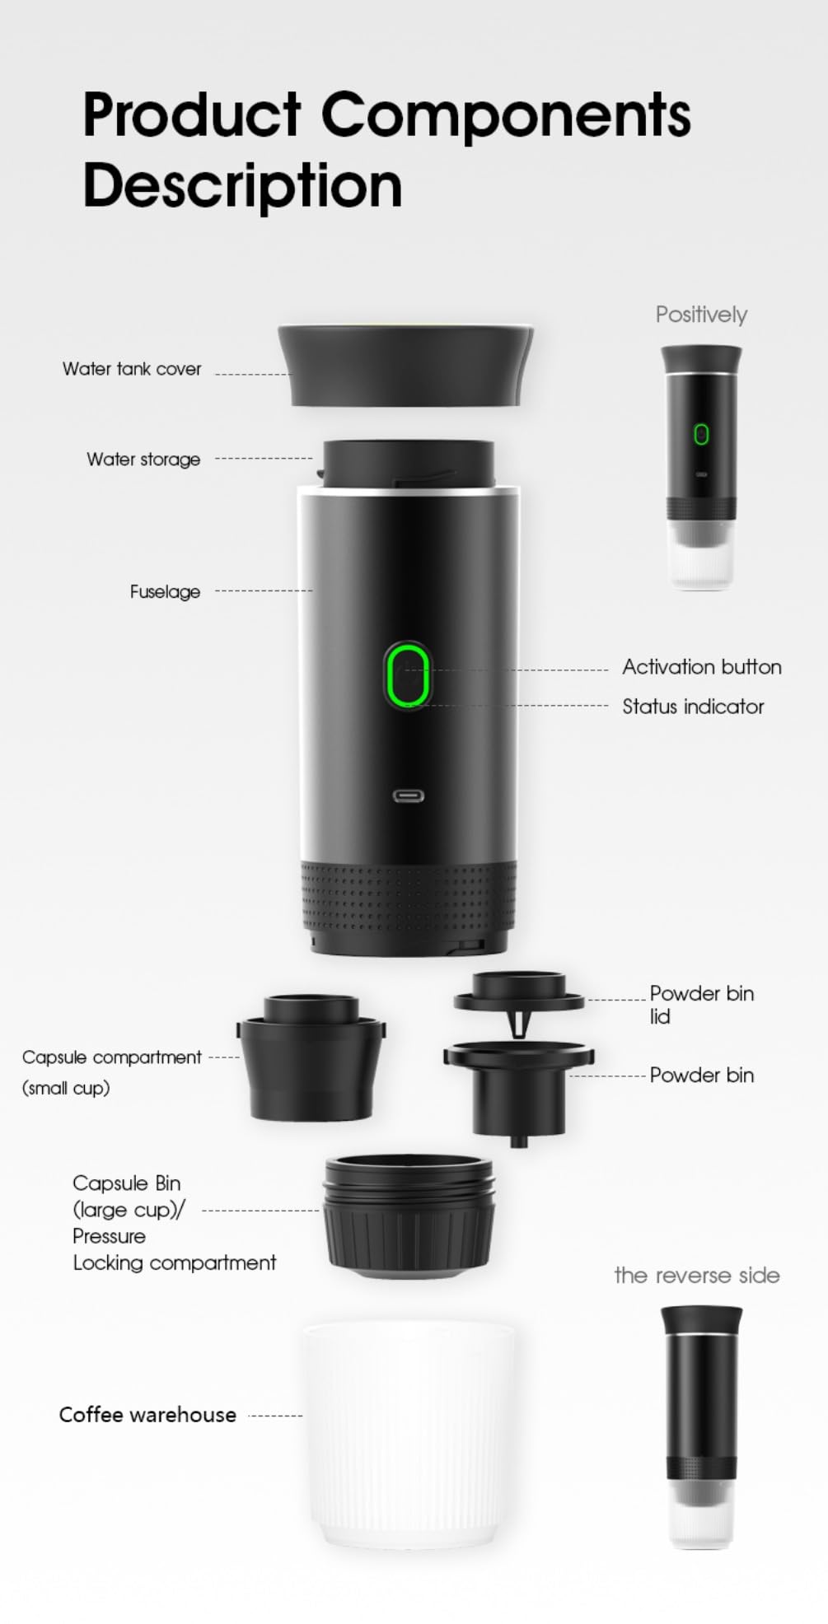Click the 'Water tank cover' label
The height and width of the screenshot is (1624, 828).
tap(132, 369)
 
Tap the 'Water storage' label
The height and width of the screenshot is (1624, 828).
tap(143, 460)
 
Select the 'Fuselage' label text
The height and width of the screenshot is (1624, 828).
tap(165, 592)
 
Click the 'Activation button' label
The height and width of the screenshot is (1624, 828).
tap(701, 667)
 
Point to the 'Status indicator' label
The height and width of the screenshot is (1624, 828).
tap(693, 707)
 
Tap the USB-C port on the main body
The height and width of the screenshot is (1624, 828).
tap(408, 796)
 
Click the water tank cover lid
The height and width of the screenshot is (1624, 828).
tap(405, 365)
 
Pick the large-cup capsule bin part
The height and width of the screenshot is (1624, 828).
tap(409, 1217)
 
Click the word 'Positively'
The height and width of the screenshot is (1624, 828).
tap(701, 315)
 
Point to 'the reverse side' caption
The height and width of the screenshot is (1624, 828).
tap(697, 1276)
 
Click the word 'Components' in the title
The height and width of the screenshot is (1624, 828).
tap(505, 115)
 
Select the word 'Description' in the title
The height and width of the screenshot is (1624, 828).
tap(242, 186)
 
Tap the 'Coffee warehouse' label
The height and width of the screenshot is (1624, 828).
tap(147, 1415)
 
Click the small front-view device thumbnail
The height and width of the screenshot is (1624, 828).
tap(701, 466)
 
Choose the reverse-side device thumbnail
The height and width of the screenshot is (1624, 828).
tap(701, 1426)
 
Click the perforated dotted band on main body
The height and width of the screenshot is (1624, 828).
tap(408, 898)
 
